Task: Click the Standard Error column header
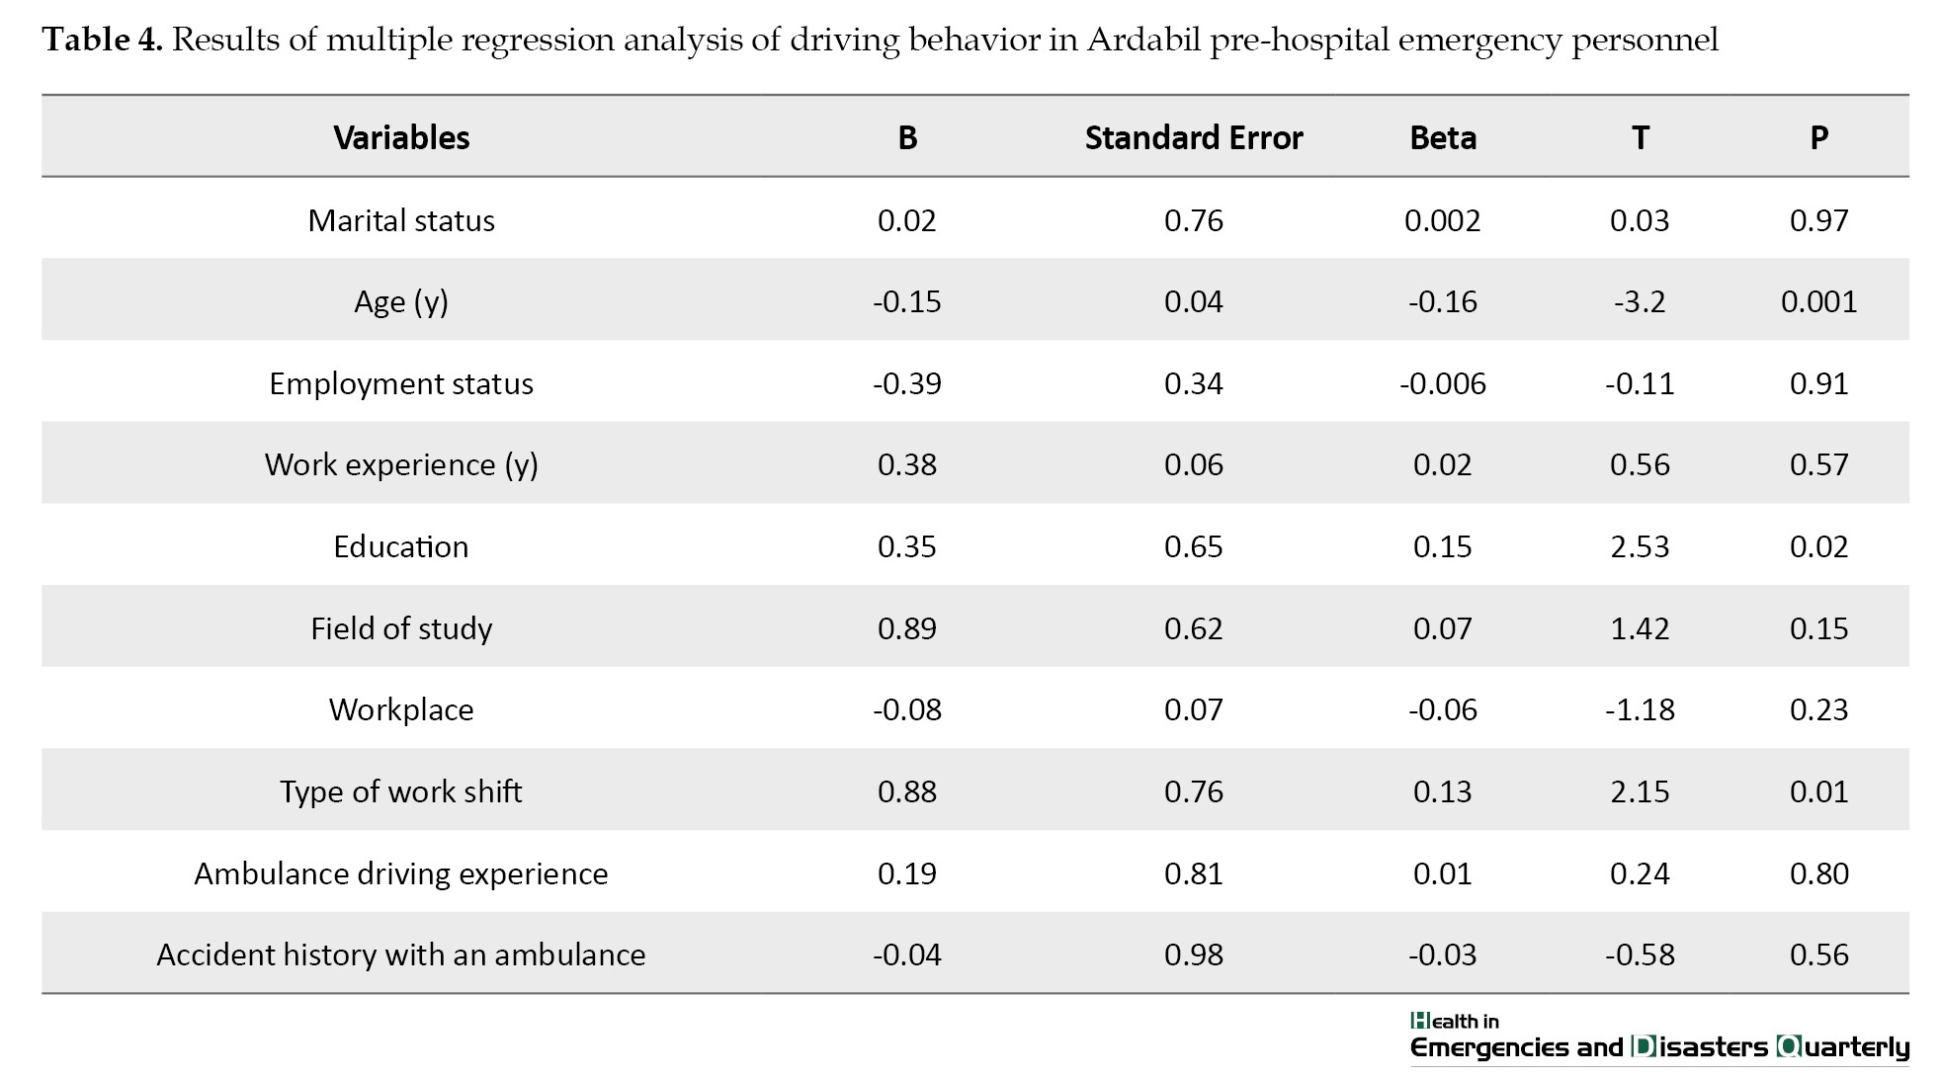coord(1193,137)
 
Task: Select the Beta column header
coord(1442,137)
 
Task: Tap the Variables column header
coord(401,137)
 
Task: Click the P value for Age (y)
coord(1818,301)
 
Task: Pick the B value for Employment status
coord(906,383)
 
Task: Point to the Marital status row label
coord(401,220)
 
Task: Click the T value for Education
coord(1640,546)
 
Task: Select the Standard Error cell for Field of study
coord(1193,628)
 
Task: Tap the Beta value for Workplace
coord(1442,709)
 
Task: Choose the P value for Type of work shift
coord(1818,791)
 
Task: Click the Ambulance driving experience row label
coord(401,873)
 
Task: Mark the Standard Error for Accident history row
coord(1193,954)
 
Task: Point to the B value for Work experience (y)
coord(906,464)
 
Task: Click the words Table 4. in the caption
coord(102,40)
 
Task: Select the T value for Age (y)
coord(1640,301)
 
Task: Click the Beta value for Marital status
coord(1442,220)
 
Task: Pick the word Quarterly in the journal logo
coord(1844,1047)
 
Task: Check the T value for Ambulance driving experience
coord(1640,873)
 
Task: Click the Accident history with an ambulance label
coord(401,954)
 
